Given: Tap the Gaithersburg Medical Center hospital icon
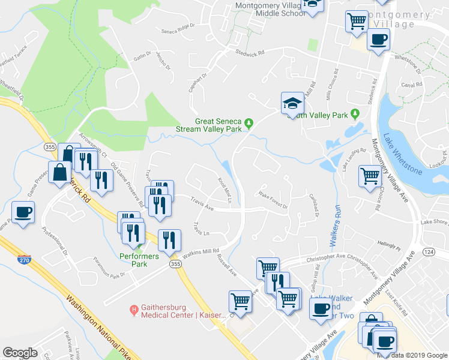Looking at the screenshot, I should (x=134, y=310).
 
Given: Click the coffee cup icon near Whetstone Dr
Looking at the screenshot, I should (x=378, y=41).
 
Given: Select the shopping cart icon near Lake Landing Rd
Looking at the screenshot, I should (x=370, y=176).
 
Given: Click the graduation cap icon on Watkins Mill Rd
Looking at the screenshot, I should (x=292, y=103).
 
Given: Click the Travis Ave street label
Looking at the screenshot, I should (x=202, y=205).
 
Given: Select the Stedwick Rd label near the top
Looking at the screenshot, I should (x=250, y=53).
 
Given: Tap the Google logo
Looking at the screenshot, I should (x=20, y=352).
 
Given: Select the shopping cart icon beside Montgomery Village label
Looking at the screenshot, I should (x=357, y=21).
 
